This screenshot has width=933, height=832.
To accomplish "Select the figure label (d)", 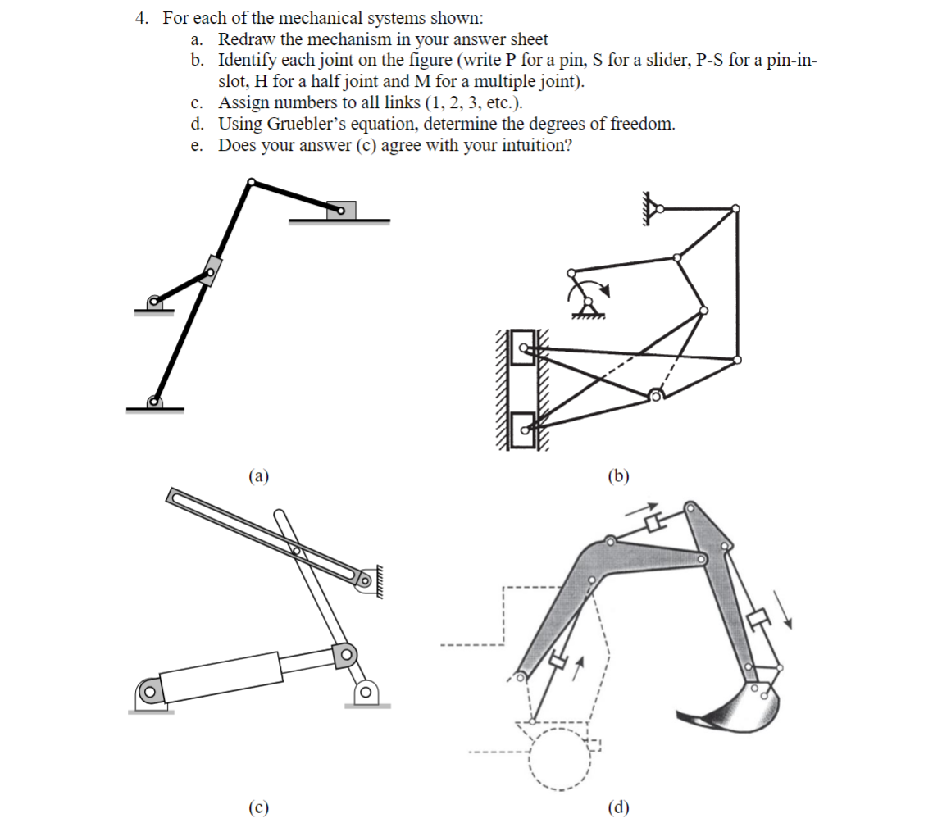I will [618, 807].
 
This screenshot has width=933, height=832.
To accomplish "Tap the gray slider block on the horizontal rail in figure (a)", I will [341, 211].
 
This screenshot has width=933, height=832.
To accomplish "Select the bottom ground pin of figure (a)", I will [153, 402].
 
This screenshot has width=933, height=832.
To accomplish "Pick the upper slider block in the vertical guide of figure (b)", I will [521, 348].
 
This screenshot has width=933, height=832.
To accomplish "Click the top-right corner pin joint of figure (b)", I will [735, 208].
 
